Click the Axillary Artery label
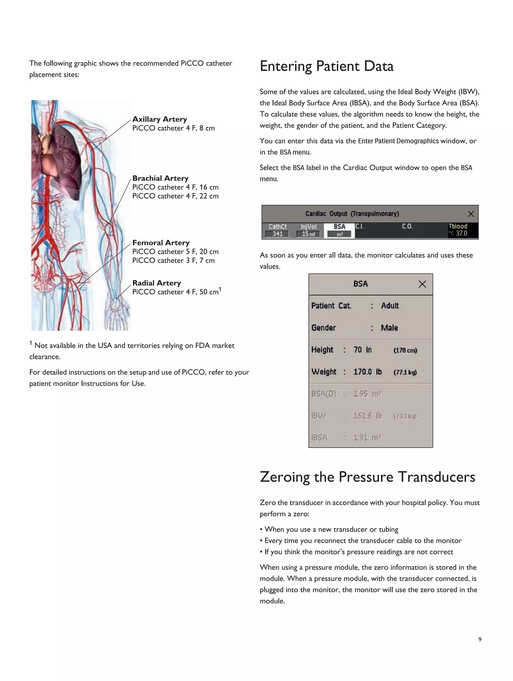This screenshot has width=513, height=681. click(160, 119)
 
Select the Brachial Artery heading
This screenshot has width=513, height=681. click(160, 178)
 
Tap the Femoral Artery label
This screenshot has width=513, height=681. click(161, 243)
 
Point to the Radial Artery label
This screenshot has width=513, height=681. click(156, 283)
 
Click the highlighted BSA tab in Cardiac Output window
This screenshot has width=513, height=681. click(339, 230)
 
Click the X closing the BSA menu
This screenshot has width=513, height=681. click(422, 284)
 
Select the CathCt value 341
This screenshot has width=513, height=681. click(278, 234)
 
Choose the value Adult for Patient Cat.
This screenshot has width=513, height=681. click(390, 306)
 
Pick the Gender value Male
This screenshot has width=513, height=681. click(389, 328)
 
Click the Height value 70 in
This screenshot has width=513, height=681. click(362, 350)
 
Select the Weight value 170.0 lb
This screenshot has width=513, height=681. click(367, 372)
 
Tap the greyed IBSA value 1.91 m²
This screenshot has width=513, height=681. click(367, 438)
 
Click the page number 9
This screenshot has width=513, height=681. click(480, 639)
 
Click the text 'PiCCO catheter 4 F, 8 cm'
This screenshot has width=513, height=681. click(173, 128)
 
